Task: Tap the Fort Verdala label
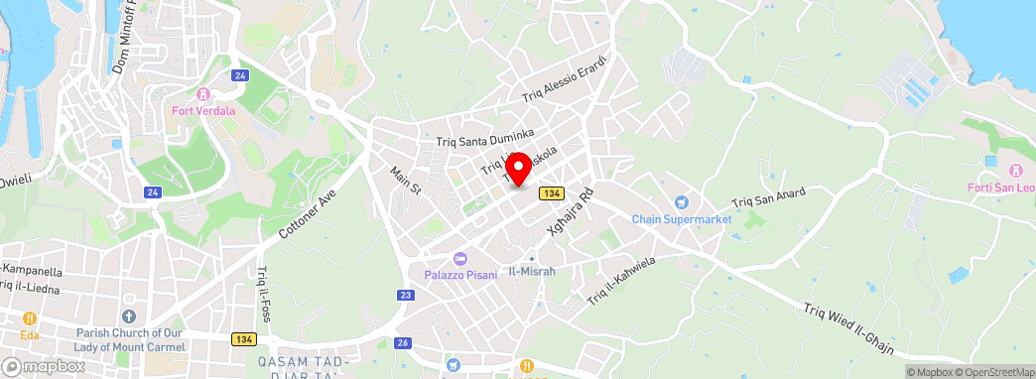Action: click(203, 111)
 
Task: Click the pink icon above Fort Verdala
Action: click(203, 94)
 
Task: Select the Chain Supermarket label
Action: click(682, 218)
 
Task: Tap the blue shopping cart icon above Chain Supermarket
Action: click(682, 201)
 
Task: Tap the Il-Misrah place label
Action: click(532, 271)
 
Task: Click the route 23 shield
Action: click(406, 295)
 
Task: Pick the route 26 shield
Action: click(402, 343)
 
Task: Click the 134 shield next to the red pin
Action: click(552, 192)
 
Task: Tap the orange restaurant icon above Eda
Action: click(29, 318)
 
